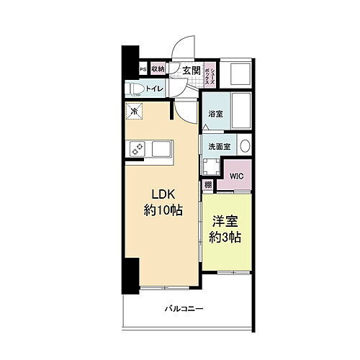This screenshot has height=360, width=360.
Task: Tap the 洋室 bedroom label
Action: point(225,223)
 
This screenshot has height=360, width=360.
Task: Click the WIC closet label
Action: point(235,175)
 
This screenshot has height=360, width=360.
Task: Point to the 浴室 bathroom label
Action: point(215,114)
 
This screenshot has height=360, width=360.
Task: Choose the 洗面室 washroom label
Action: point(219,146)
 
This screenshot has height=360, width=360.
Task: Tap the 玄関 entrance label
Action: point(191,70)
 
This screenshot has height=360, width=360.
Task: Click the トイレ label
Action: point(154,89)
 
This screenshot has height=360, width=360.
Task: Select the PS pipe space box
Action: point(143,69)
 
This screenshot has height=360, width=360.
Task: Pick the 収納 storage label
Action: point(158,69)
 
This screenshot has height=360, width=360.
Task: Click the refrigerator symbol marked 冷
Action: point(133,112)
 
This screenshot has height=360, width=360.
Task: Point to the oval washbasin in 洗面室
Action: point(243,145)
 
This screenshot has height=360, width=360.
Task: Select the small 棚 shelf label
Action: point(207,185)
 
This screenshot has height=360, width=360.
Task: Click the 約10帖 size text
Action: point(163,210)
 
